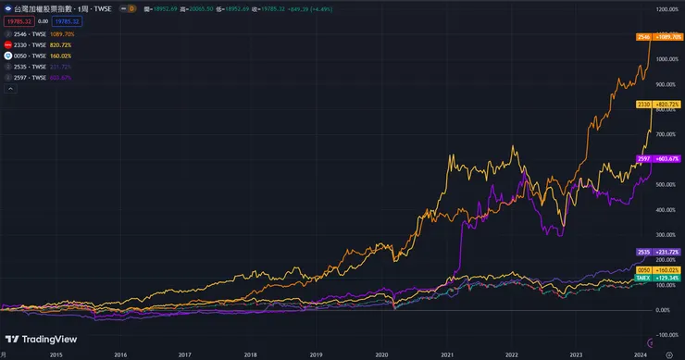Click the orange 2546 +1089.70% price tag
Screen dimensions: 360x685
(x=659, y=37)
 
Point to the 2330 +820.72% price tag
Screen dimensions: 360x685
(x=659, y=105)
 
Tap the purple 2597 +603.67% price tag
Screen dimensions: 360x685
(x=659, y=159)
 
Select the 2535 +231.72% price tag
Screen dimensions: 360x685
(x=659, y=252)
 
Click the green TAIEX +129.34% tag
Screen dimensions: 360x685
(x=659, y=277)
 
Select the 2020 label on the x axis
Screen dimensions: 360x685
(x=381, y=354)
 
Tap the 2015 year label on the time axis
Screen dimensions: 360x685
(x=56, y=354)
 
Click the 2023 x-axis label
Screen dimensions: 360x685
(x=577, y=354)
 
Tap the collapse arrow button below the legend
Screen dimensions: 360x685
(x=9, y=89)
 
